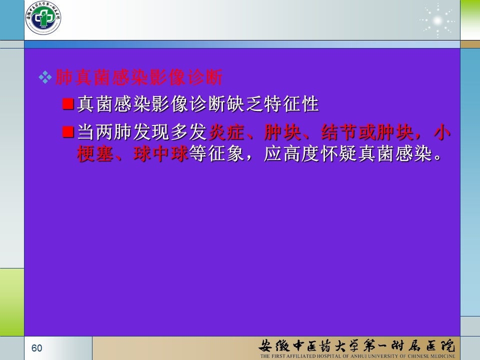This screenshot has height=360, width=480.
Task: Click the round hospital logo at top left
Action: pyautogui.click(x=43, y=18)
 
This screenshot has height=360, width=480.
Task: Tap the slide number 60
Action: pyautogui.click(x=36, y=348)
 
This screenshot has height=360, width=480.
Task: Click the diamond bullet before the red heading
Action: pyautogui.click(x=45, y=77)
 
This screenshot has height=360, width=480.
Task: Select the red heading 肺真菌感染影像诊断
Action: pyautogui.click(x=139, y=77)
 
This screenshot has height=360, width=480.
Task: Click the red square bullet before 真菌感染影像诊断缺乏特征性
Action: pyautogui.click(x=68, y=104)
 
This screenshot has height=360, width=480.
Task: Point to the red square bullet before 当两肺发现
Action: pyautogui.click(x=68, y=132)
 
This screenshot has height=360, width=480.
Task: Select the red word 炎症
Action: pyautogui.click(x=226, y=132)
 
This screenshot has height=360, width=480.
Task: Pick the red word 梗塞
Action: pyautogui.click(x=95, y=153)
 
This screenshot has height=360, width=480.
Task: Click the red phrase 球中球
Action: pyautogui.click(x=161, y=153)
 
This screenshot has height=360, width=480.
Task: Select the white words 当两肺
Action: pyautogui.click(x=104, y=132)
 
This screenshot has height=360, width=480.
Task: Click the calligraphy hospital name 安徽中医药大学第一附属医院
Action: pyautogui.click(x=357, y=345)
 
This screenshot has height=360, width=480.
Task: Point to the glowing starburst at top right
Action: pyautogui.click(x=438, y=20)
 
